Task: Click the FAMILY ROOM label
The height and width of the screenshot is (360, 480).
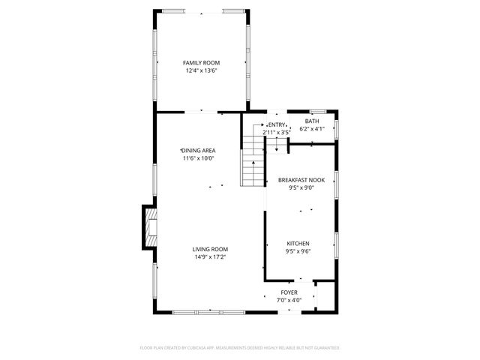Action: click(201, 63)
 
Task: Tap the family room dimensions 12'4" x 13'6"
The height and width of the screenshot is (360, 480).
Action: click(201, 70)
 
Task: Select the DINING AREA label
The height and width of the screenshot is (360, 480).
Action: click(198, 150)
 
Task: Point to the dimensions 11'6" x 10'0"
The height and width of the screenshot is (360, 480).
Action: click(198, 158)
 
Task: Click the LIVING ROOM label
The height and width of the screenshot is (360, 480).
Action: click(210, 249)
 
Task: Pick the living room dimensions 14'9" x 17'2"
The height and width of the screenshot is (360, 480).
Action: click(210, 257)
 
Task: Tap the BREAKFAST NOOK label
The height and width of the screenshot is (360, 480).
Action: click(301, 180)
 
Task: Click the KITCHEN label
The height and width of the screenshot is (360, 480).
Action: click(298, 244)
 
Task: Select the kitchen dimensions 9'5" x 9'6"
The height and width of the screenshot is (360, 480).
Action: click(298, 252)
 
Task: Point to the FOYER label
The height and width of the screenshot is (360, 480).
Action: click(289, 292)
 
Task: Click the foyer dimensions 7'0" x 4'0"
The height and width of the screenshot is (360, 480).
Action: click(289, 300)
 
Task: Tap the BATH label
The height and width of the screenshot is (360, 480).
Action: click(311, 121)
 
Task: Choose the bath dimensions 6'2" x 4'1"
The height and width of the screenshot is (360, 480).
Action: click(311, 129)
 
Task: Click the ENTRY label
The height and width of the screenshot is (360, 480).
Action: click(277, 124)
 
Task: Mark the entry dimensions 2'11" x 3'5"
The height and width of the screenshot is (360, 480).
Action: click(276, 133)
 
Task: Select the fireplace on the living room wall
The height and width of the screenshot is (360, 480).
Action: click(149, 227)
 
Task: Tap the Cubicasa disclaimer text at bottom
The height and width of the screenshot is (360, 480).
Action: click(240, 348)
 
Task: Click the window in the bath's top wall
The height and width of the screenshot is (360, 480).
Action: click(317, 112)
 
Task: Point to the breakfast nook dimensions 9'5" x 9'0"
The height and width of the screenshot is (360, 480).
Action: click(301, 188)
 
